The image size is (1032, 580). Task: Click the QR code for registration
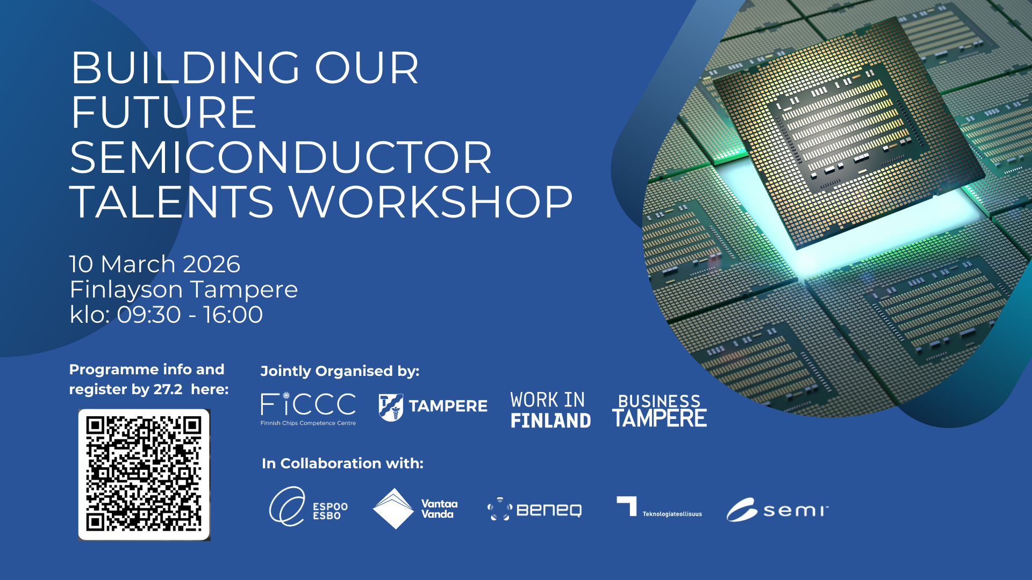click(144, 475)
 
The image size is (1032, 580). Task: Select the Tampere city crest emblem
click(391, 407)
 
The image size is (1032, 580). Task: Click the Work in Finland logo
click(550, 410)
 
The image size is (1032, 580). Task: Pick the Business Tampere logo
click(660, 410)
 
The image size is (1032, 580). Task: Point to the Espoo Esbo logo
click(309, 506)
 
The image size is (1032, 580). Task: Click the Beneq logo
click(534, 509)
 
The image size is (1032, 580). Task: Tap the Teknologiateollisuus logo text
click(672, 514)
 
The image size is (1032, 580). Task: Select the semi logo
click(777, 510)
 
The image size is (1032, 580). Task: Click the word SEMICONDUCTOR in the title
click(281, 157)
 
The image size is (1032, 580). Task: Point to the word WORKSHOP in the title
click(431, 202)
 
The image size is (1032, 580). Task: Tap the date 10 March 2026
click(155, 264)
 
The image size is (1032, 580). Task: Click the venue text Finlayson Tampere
click(184, 290)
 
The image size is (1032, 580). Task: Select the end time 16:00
click(233, 315)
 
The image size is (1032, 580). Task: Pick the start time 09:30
click(149, 315)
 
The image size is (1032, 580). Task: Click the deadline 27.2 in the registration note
click(168, 389)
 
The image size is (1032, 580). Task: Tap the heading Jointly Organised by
click(340, 371)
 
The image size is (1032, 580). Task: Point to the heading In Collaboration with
click(342, 463)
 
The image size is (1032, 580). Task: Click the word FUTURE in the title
click(163, 112)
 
